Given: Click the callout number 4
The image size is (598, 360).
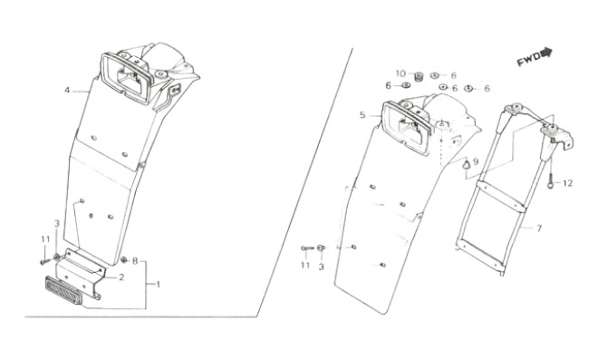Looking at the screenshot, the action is [x=67, y=91].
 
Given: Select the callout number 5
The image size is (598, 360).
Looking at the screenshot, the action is [x=362, y=115].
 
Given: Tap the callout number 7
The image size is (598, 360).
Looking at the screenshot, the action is [x=539, y=229].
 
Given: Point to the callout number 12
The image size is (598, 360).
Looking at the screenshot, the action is [x=567, y=183].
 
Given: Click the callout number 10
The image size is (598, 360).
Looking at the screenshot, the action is [x=400, y=73].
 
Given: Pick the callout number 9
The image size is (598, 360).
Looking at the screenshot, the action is [x=476, y=161].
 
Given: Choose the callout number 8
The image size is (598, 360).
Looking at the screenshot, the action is [x=135, y=261].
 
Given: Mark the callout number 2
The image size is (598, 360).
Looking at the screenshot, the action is [x=121, y=277].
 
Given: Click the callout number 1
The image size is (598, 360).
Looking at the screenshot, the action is [x=158, y=285].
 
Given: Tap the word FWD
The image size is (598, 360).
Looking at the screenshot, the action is [x=528, y=60].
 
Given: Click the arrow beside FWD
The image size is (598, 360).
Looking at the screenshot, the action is [x=546, y=53].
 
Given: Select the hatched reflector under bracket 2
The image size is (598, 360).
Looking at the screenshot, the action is [x=63, y=290].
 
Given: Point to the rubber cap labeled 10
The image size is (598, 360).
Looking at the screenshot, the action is [x=420, y=77].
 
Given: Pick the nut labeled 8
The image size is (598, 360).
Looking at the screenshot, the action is [x=124, y=260].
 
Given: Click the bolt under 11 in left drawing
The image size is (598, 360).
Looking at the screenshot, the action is [x=44, y=262].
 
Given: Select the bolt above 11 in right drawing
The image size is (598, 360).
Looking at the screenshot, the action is [x=307, y=248].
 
